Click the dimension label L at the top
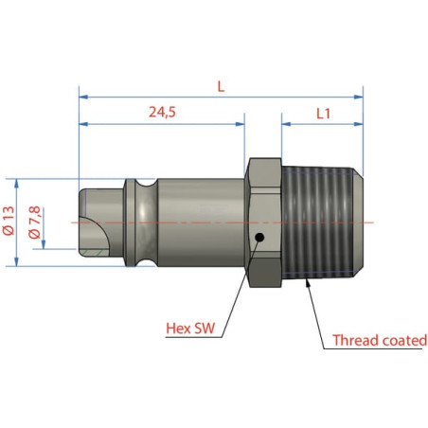click(x=221, y=86)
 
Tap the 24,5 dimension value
click(x=162, y=112)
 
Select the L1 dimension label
click(x=324, y=114)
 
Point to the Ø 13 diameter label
click(x=9, y=221)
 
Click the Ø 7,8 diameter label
click(x=34, y=223)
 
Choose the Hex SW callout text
click(x=190, y=329)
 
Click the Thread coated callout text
click(x=380, y=340)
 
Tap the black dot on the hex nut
click(x=259, y=238)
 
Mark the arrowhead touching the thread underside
click(x=308, y=283)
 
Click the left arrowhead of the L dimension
click(x=83, y=97)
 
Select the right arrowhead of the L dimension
click(x=359, y=97)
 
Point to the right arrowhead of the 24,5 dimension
click(x=241, y=124)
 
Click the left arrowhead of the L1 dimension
click(x=286, y=124)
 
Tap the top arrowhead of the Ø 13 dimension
click(x=17, y=184)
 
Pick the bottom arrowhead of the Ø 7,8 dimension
click(x=44, y=244)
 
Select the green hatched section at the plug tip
click(x=95, y=252)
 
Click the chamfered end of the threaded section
click(x=358, y=223)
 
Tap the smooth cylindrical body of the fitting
click(x=201, y=223)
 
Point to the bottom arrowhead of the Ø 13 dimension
click(x=17, y=261)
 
